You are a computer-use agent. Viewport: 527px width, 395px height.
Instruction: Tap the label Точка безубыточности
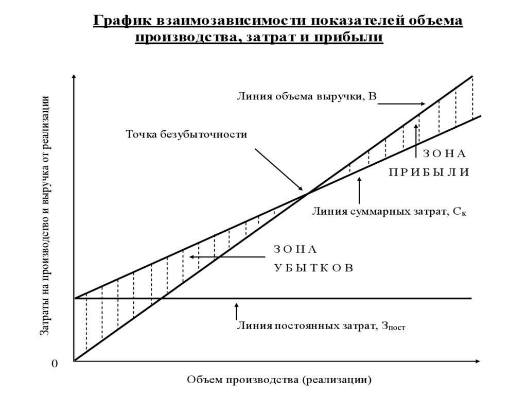coord(187,135)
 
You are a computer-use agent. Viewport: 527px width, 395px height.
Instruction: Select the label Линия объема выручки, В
coord(307,96)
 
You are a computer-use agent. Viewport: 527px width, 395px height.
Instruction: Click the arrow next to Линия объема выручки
coord(401,103)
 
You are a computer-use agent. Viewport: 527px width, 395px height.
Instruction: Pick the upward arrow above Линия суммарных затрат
coord(360,191)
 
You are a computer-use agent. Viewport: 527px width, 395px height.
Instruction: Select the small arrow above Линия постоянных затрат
coord(237,311)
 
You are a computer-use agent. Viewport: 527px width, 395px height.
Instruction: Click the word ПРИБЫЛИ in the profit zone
coord(429,173)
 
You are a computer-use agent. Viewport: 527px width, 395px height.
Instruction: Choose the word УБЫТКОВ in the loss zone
coord(313,269)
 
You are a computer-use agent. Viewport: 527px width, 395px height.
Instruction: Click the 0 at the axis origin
coord(55,365)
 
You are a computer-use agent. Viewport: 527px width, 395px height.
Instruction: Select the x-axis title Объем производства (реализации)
coord(278,380)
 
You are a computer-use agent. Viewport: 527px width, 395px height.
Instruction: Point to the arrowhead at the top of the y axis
coord(75,78)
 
